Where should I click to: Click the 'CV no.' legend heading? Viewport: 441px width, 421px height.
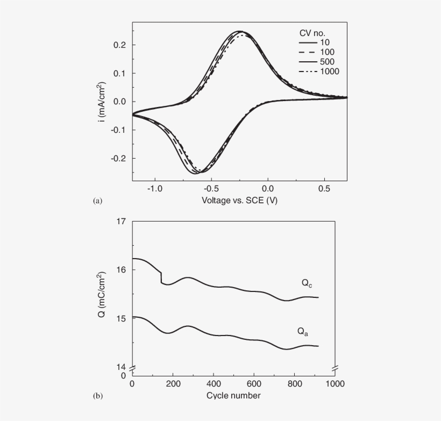click(313, 31)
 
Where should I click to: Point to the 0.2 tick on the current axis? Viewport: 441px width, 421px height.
click(120, 45)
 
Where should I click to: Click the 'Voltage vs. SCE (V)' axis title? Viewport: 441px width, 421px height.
click(239, 201)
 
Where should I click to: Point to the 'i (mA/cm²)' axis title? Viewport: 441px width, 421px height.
click(102, 101)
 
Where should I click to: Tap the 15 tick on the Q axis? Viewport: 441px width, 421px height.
click(122, 318)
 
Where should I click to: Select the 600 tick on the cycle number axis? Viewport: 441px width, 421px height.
click(254, 384)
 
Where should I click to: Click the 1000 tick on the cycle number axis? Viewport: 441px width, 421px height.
click(335, 384)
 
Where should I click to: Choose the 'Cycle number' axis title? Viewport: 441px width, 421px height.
click(233, 396)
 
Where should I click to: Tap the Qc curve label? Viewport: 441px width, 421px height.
click(308, 283)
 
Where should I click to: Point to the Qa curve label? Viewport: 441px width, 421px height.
click(304, 332)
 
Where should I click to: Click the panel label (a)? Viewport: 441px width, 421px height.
click(97, 201)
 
